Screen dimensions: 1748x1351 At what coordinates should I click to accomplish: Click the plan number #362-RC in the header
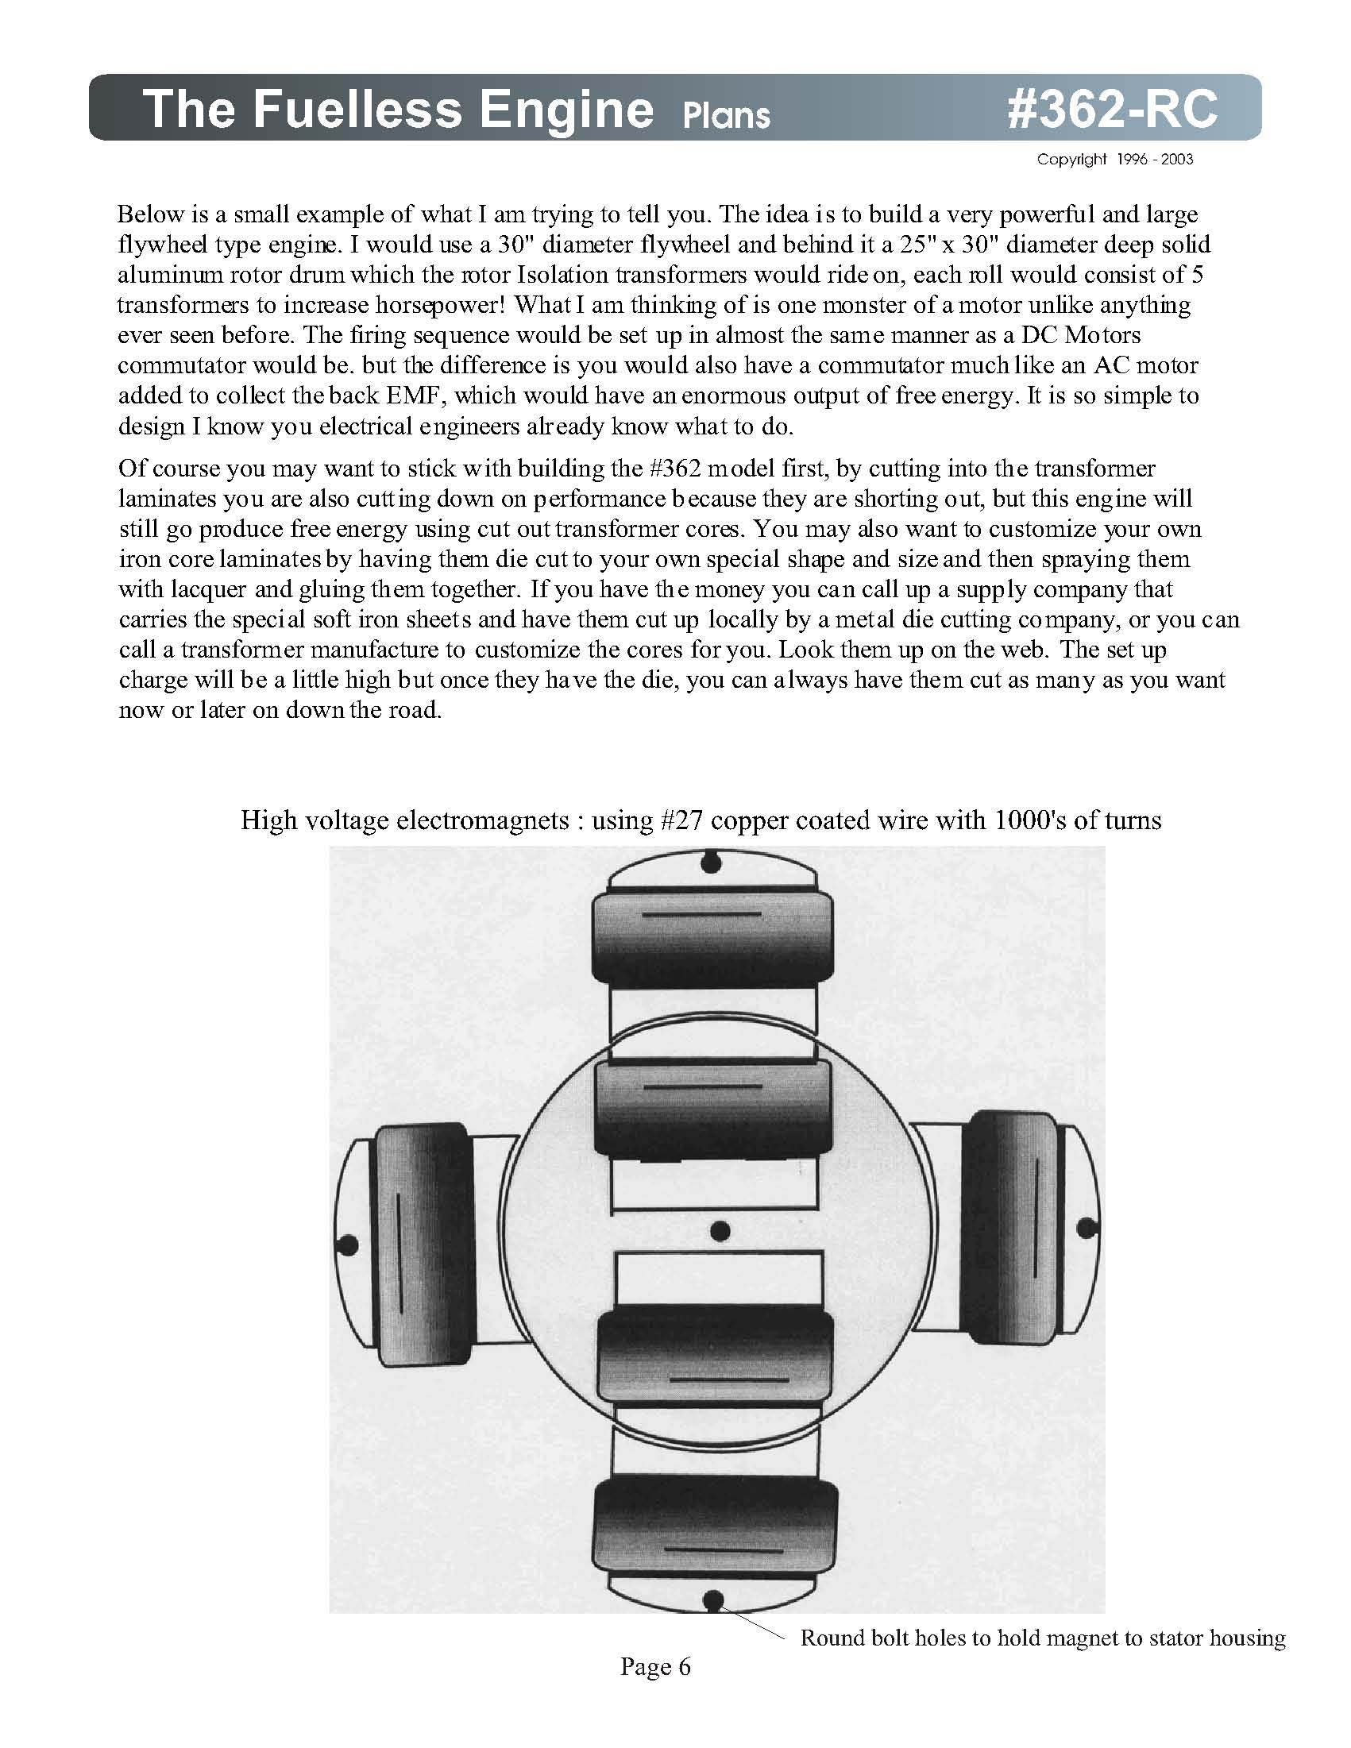point(1112,108)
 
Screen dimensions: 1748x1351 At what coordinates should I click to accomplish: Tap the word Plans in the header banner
point(726,115)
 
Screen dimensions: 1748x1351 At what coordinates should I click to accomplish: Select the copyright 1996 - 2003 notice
point(1114,160)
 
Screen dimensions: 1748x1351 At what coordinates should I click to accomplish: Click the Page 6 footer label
point(654,1667)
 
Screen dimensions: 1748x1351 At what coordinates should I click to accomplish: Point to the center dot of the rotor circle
point(720,1230)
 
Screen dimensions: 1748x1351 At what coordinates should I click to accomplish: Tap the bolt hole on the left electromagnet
point(347,1245)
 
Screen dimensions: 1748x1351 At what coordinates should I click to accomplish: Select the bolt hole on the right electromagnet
point(1087,1228)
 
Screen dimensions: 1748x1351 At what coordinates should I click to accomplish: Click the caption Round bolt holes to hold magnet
point(1042,1638)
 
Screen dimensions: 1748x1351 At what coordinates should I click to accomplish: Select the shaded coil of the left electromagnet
point(421,1244)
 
